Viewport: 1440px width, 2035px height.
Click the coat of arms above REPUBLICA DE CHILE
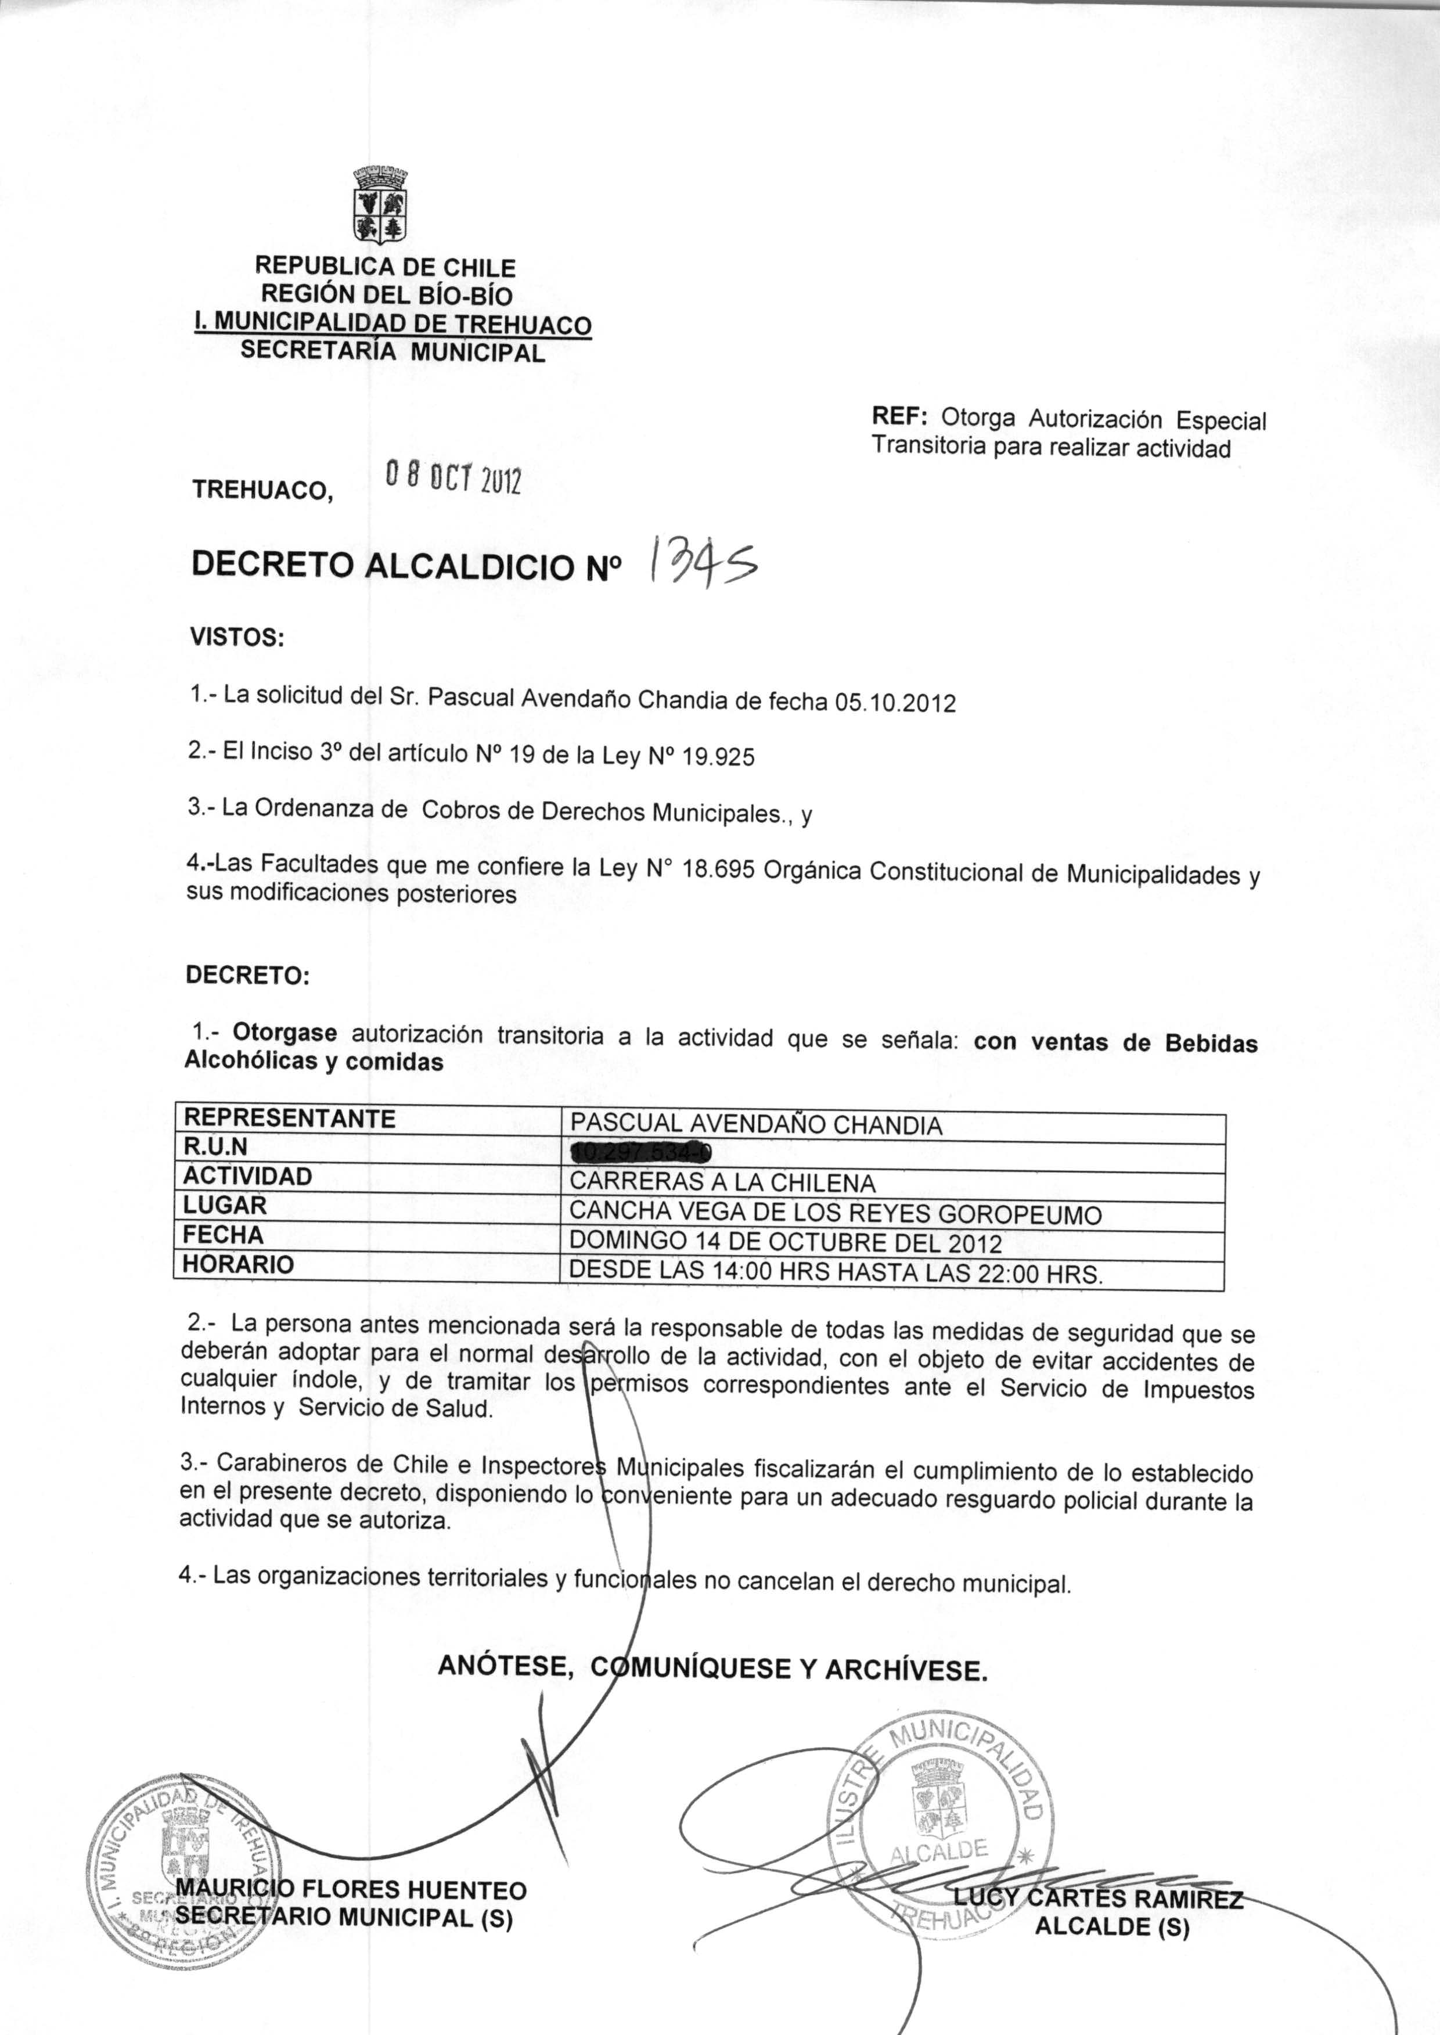[x=381, y=205]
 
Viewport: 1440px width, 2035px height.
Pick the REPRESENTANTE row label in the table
[x=290, y=1119]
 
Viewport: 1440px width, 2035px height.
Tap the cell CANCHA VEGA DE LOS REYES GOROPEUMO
[x=836, y=1212]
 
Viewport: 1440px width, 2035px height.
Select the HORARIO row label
[x=239, y=1264]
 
